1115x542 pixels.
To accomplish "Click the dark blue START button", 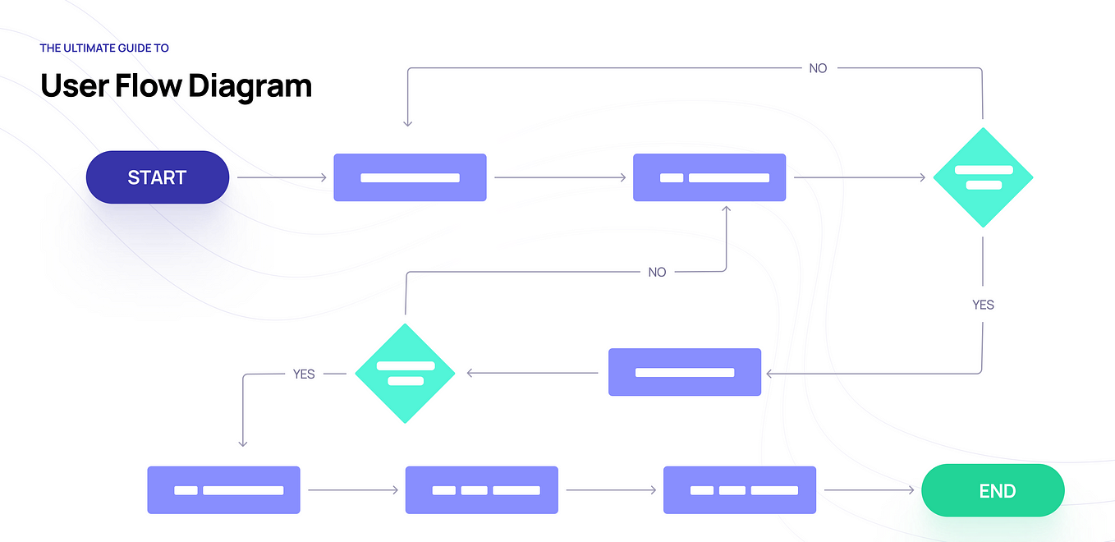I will coord(157,177).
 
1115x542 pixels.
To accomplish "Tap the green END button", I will coord(993,491).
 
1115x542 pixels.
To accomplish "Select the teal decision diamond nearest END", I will coord(983,177).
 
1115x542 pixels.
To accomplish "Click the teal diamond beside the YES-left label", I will coord(405,374).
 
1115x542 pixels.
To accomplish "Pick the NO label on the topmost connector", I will coord(818,68).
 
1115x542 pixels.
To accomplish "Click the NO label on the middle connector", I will coord(657,272).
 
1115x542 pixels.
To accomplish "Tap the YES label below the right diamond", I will coord(983,305).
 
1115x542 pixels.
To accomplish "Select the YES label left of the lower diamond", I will coord(304,374).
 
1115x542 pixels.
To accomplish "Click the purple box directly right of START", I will coord(410,177).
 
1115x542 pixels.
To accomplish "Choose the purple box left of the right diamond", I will coord(709,177).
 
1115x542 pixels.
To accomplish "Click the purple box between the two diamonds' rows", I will coord(685,372).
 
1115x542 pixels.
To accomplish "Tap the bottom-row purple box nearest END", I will coord(739,490).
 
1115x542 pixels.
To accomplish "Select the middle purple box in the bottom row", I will coord(481,490).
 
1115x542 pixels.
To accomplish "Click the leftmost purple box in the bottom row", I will coord(223,490).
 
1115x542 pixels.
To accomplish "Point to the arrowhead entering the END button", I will coord(911,490).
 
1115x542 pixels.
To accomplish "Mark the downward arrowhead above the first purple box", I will coord(407,123).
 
